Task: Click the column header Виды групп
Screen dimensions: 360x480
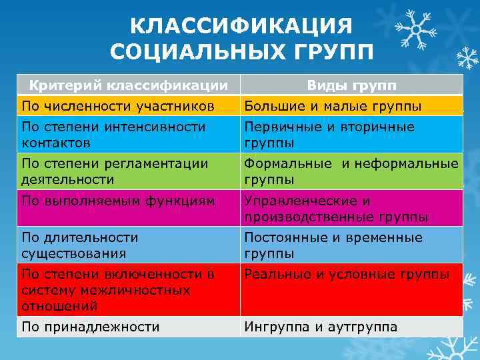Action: pyautogui.click(x=351, y=85)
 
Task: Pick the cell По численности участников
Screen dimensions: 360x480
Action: pyautogui.click(x=118, y=105)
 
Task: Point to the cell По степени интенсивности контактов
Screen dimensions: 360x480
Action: pyautogui.click(x=113, y=134)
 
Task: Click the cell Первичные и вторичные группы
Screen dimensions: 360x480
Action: pyautogui.click(x=329, y=134)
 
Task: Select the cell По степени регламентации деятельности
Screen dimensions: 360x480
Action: pyautogui.click(x=115, y=171)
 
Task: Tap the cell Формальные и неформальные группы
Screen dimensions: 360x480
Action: pyautogui.click(x=351, y=171)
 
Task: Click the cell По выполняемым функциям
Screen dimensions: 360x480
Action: pyautogui.click(x=118, y=200)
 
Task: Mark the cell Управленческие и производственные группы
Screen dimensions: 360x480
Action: pyautogui.click(x=336, y=208)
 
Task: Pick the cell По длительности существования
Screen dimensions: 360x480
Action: pyautogui.click(x=80, y=245)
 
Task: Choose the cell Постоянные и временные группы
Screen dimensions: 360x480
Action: pyautogui.click(x=333, y=245)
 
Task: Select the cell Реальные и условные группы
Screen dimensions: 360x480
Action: pyautogui.click(x=346, y=273)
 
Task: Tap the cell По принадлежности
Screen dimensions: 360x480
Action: pyautogui.click(x=91, y=327)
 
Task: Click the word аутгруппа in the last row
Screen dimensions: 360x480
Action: pyautogui.click(x=358, y=327)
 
